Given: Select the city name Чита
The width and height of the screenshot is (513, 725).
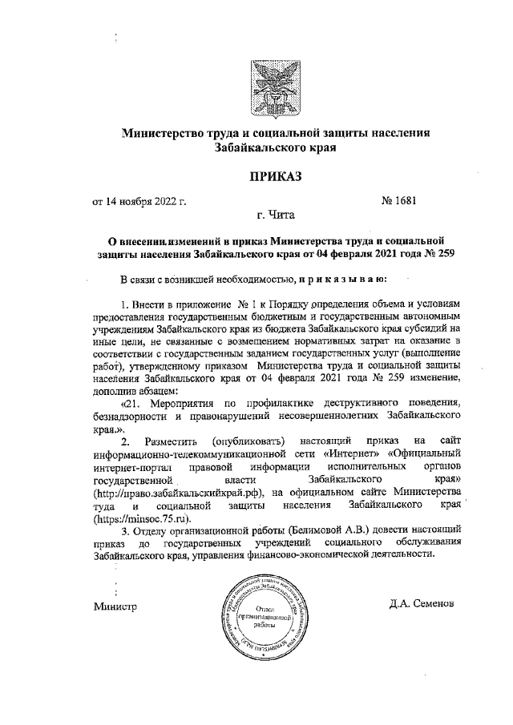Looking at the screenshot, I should (285, 215).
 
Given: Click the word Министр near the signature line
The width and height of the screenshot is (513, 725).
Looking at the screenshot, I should (115, 606).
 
